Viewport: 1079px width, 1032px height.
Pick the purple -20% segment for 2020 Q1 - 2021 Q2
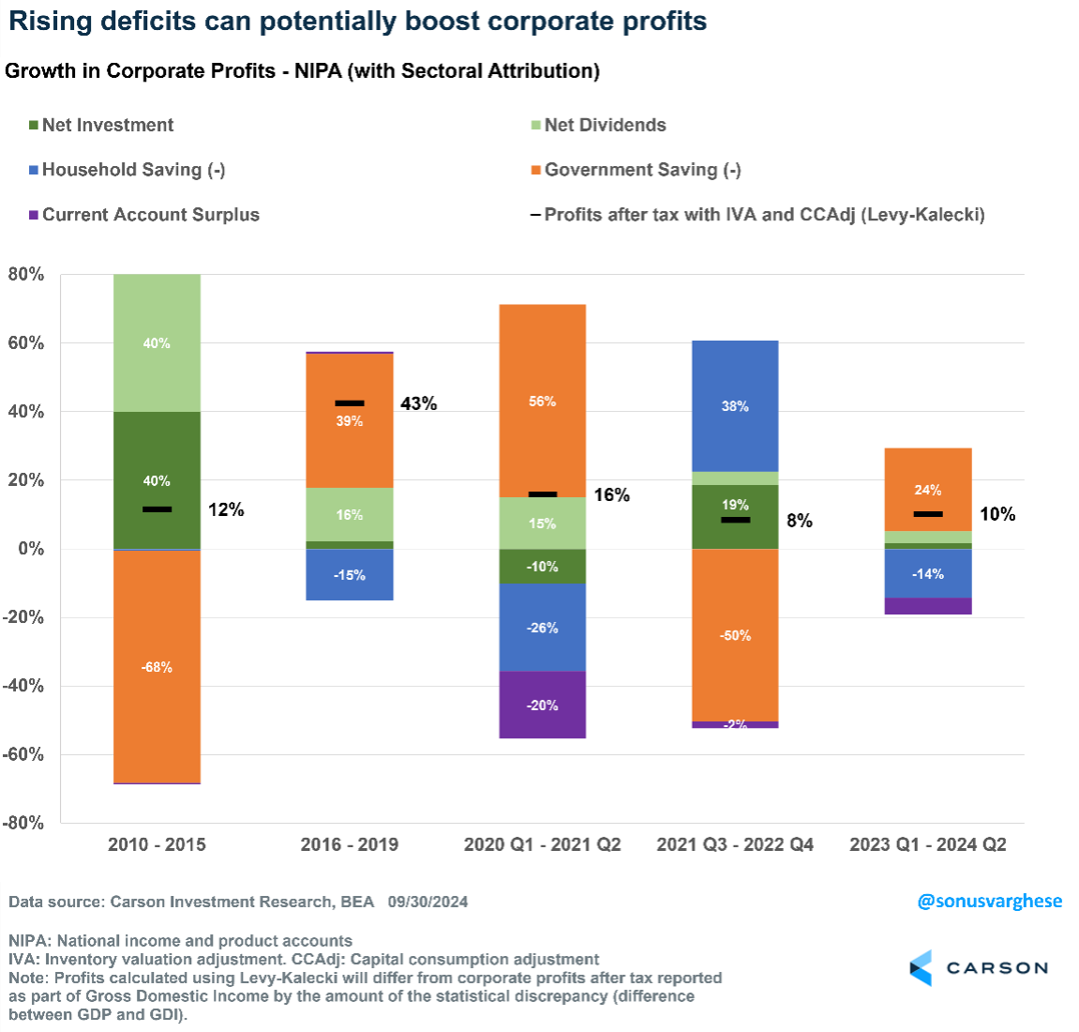click(x=542, y=705)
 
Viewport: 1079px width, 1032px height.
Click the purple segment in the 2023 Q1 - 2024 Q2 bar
click(x=928, y=606)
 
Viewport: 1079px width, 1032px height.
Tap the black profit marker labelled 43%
click(x=350, y=403)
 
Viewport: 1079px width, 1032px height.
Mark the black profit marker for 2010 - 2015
click(x=157, y=509)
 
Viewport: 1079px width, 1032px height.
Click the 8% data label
click(x=800, y=521)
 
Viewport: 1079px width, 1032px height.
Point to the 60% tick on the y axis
click(x=25, y=343)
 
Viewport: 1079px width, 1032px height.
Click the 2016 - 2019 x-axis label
click(x=349, y=844)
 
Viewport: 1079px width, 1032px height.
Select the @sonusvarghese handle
click(x=989, y=901)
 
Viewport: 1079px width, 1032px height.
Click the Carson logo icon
click(x=921, y=967)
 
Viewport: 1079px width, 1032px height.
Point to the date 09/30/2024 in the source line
click(x=427, y=902)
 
